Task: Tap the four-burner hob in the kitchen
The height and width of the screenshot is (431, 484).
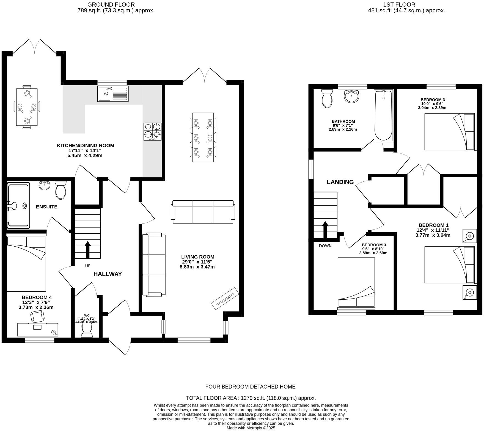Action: tap(152, 132)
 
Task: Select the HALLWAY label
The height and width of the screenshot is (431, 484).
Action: tap(108, 274)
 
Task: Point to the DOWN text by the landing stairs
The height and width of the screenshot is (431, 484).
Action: tap(325, 246)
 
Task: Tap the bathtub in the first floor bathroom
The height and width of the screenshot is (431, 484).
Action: tap(383, 115)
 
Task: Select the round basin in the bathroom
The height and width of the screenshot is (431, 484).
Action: tap(351, 96)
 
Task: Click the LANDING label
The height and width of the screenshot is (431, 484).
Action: tap(340, 182)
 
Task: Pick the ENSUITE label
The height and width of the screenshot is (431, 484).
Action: tap(47, 207)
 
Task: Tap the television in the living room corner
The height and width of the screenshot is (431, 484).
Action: tap(225, 299)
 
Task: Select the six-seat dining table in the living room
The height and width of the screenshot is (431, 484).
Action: tap(203, 137)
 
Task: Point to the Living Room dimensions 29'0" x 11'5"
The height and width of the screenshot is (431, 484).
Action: tap(197, 262)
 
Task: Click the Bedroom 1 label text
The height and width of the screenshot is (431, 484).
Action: tap(433, 225)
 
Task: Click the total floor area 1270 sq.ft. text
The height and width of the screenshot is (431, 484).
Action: tap(251, 398)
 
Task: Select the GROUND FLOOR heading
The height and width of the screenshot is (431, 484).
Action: tap(111, 4)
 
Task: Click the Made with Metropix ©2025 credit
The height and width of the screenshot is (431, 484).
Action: tap(251, 428)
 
